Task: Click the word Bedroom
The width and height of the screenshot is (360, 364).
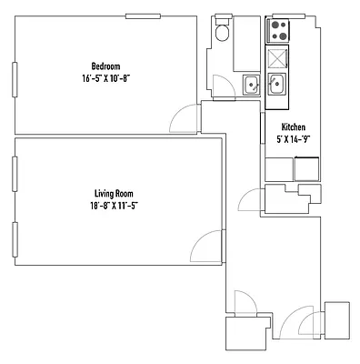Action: pos(105,64)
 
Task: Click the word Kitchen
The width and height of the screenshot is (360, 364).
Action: pos(293,127)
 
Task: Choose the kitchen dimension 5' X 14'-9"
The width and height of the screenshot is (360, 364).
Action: pos(293,139)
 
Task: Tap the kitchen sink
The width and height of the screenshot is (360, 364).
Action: pos(276,86)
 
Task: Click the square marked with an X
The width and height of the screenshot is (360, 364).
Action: pos(276,60)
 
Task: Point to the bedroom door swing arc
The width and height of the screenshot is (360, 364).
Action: pos(185,116)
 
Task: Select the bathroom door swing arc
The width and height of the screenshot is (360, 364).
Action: pos(221,86)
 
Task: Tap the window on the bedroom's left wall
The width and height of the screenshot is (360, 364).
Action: pos(14,79)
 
